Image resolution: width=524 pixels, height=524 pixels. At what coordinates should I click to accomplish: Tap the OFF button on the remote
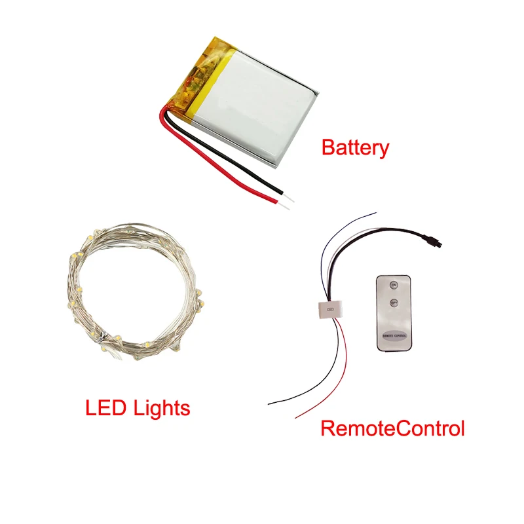[x=394, y=303]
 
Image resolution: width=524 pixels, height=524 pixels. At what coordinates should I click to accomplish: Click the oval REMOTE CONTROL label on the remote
[x=394, y=335]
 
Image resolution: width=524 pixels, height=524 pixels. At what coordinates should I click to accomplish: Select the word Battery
[x=355, y=147]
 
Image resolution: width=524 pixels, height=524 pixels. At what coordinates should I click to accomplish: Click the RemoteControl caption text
[x=392, y=429]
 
